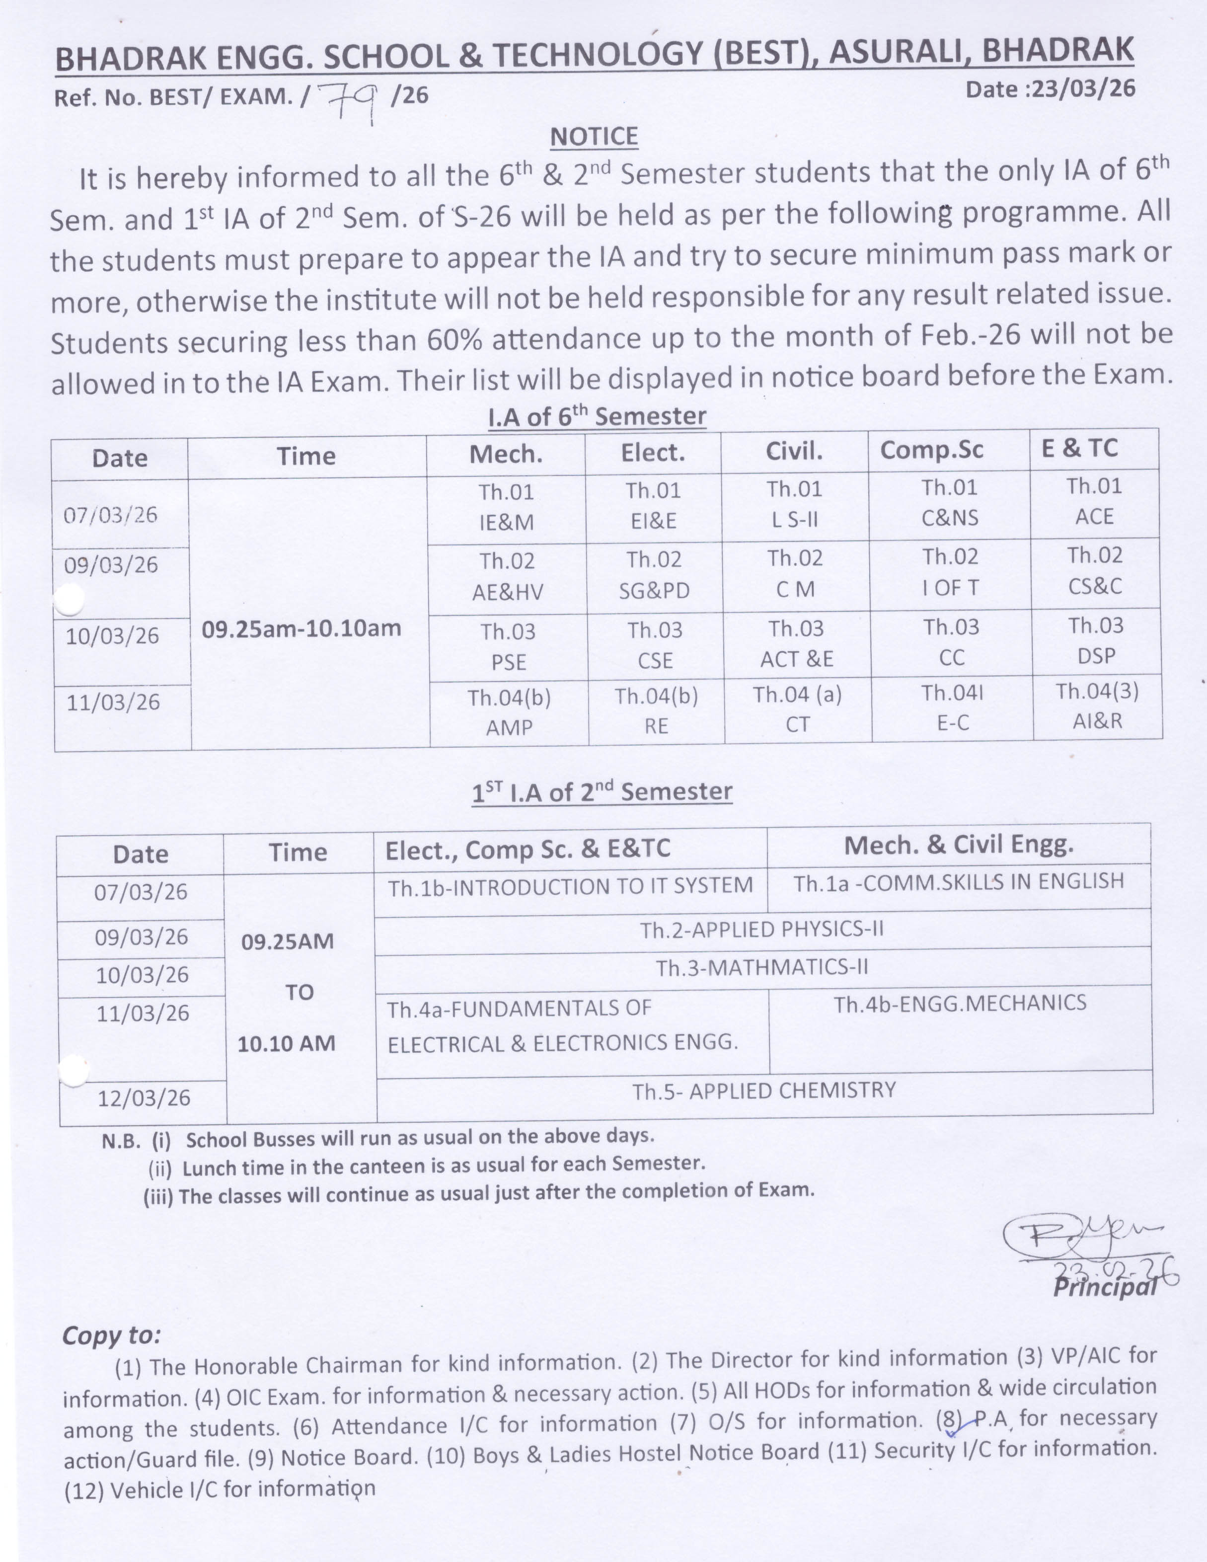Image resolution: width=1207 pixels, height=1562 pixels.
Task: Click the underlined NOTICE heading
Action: (594, 136)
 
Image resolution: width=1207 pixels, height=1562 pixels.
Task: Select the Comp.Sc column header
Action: (931, 450)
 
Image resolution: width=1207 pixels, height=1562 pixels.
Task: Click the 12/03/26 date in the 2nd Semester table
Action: (144, 1098)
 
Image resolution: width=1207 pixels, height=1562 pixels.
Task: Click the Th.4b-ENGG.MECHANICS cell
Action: (960, 1003)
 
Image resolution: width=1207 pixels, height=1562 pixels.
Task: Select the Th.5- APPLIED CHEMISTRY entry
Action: (763, 1091)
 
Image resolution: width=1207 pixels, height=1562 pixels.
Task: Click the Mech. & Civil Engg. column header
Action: (958, 846)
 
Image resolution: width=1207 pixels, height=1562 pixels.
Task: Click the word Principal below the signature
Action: (1103, 1287)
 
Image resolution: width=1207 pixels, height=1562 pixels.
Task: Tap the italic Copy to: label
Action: (112, 1335)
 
